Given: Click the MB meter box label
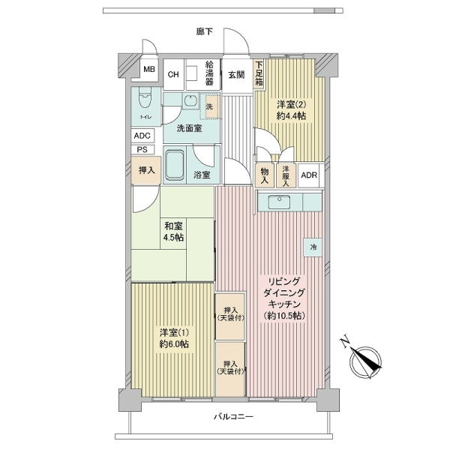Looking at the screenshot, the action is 149,69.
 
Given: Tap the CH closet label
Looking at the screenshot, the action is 173,74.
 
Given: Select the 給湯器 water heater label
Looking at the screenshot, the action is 209,73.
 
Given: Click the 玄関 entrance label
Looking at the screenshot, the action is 236,75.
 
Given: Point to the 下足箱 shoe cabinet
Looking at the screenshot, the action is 259,73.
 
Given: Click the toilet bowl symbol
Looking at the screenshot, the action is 145,98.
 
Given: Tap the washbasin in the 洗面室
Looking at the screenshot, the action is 190,101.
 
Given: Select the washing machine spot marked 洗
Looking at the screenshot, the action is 209,106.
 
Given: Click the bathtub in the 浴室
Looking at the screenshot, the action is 175,165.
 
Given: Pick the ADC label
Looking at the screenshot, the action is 142,136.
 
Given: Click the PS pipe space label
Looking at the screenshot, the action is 142,150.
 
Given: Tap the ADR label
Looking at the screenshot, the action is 309,175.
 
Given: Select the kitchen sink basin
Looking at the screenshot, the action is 279,202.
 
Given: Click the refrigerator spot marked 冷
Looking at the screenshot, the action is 313,247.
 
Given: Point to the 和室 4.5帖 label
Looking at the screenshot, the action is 174,232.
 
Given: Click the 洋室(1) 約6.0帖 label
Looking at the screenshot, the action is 174,338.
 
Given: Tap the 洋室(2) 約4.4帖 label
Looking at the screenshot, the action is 291,110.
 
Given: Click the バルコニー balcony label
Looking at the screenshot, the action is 233,416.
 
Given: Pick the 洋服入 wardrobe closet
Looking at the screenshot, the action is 286,175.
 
